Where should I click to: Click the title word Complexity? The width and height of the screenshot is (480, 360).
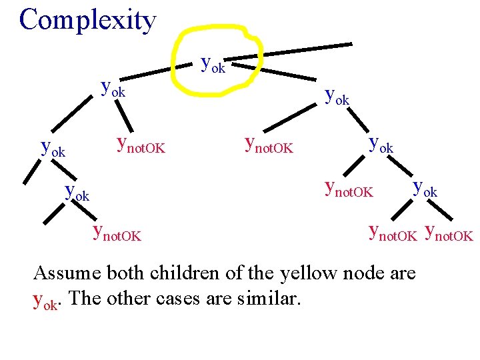pyautogui.click(x=87, y=20)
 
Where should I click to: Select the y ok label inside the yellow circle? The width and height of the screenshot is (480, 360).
pyautogui.click(x=213, y=65)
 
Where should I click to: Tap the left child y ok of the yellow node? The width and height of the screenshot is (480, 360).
pyautogui.click(x=113, y=88)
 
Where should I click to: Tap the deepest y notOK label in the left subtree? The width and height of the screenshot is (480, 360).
pyautogui.click(x=117, y=233)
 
